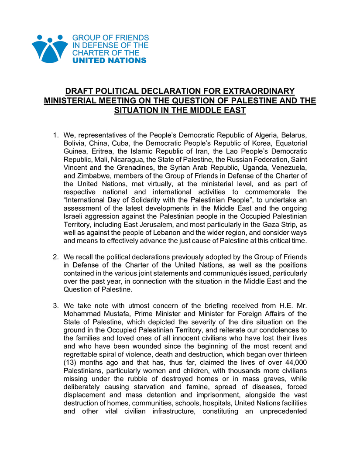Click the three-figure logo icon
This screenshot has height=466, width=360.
click(50, 49)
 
